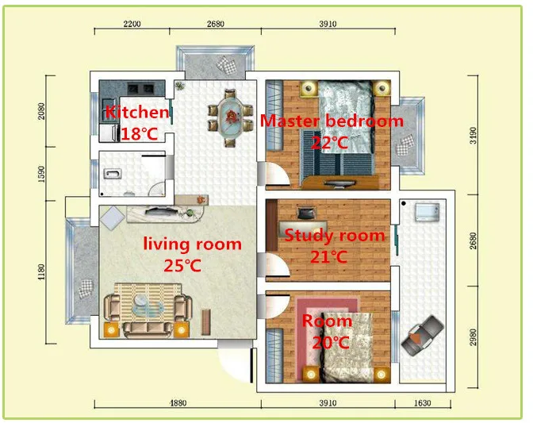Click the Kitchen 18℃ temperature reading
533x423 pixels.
(x=140, y=134)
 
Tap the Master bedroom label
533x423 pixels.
(x=332, y=121)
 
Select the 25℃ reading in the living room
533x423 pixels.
(x=182, y=266)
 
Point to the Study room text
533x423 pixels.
(x=335, y=236)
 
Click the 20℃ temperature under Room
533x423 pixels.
(x=331, y=342)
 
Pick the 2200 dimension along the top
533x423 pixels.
(x=132, y=24)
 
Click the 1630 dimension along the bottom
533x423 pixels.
(x=423, y=403)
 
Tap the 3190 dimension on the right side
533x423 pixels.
(x=474, y=136)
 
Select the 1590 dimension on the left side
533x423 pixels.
(x=41, y=174)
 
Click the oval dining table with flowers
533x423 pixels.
(x=231, y=117)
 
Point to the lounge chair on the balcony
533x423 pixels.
(x=423, y=336)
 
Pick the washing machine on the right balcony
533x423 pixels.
(x=427, y=212)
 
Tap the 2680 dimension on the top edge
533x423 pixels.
(x=216, y=24)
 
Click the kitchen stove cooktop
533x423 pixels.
(x=140, y=89)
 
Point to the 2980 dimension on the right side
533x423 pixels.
(x=474, y=337)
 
